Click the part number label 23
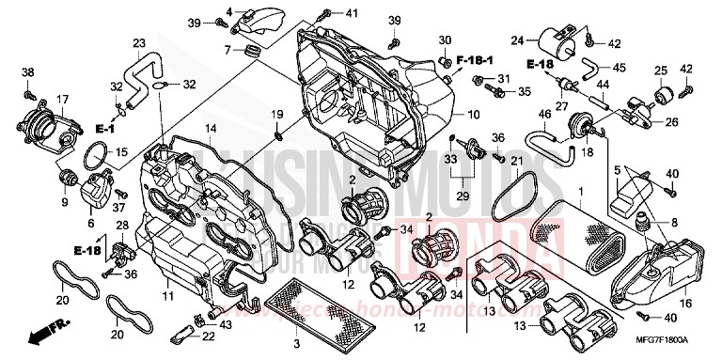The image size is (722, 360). point(139,43)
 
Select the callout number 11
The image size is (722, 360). point(168,296)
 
